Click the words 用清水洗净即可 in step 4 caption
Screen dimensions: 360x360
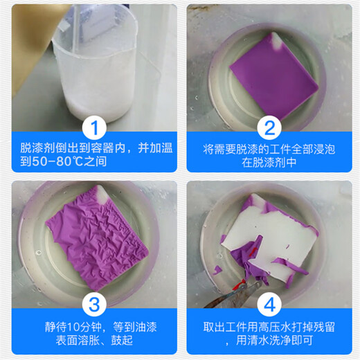[273, 343]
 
